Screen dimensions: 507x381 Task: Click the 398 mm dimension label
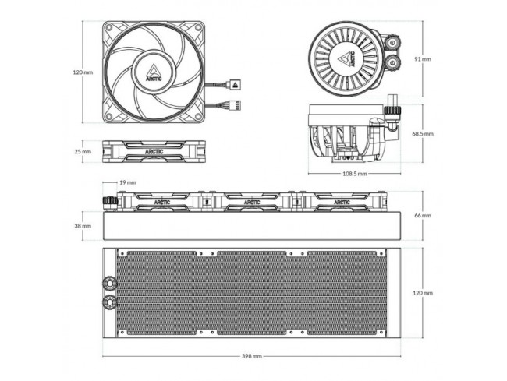click(x=252, y=356)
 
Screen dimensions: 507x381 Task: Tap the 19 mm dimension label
click(x=128, y=182)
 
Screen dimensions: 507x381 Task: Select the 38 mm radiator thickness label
click(x=83, y=226)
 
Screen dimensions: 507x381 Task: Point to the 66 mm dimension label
click(x=423, y=215)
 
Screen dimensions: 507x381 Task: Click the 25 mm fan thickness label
click(x=83, y=151)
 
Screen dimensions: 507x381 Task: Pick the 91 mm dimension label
click(x=423, y=59)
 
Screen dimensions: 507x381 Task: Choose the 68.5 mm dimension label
click(x=423, y=134)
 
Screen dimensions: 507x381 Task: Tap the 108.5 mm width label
click(x=355, y=174)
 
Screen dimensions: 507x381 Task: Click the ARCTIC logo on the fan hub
click(x=154, y=73)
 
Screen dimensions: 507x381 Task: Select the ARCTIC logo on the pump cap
click(x=348, y=59)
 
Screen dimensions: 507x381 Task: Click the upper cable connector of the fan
click(x=235, y=85)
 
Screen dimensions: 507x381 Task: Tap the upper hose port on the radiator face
click(x=109, y=283)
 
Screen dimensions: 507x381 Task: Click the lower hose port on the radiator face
click(x=109, y=302)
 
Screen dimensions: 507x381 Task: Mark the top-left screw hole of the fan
click(x=109, y=28)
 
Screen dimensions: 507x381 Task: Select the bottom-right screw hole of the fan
click(x=198, y=116)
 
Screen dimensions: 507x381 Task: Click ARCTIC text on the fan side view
click(x=154, y=152)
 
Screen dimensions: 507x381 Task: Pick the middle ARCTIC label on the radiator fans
click(x=252, y=203)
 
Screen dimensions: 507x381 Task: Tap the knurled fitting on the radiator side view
click(x=110, y=203)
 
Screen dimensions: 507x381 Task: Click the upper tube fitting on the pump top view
click(x=393, y=42)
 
